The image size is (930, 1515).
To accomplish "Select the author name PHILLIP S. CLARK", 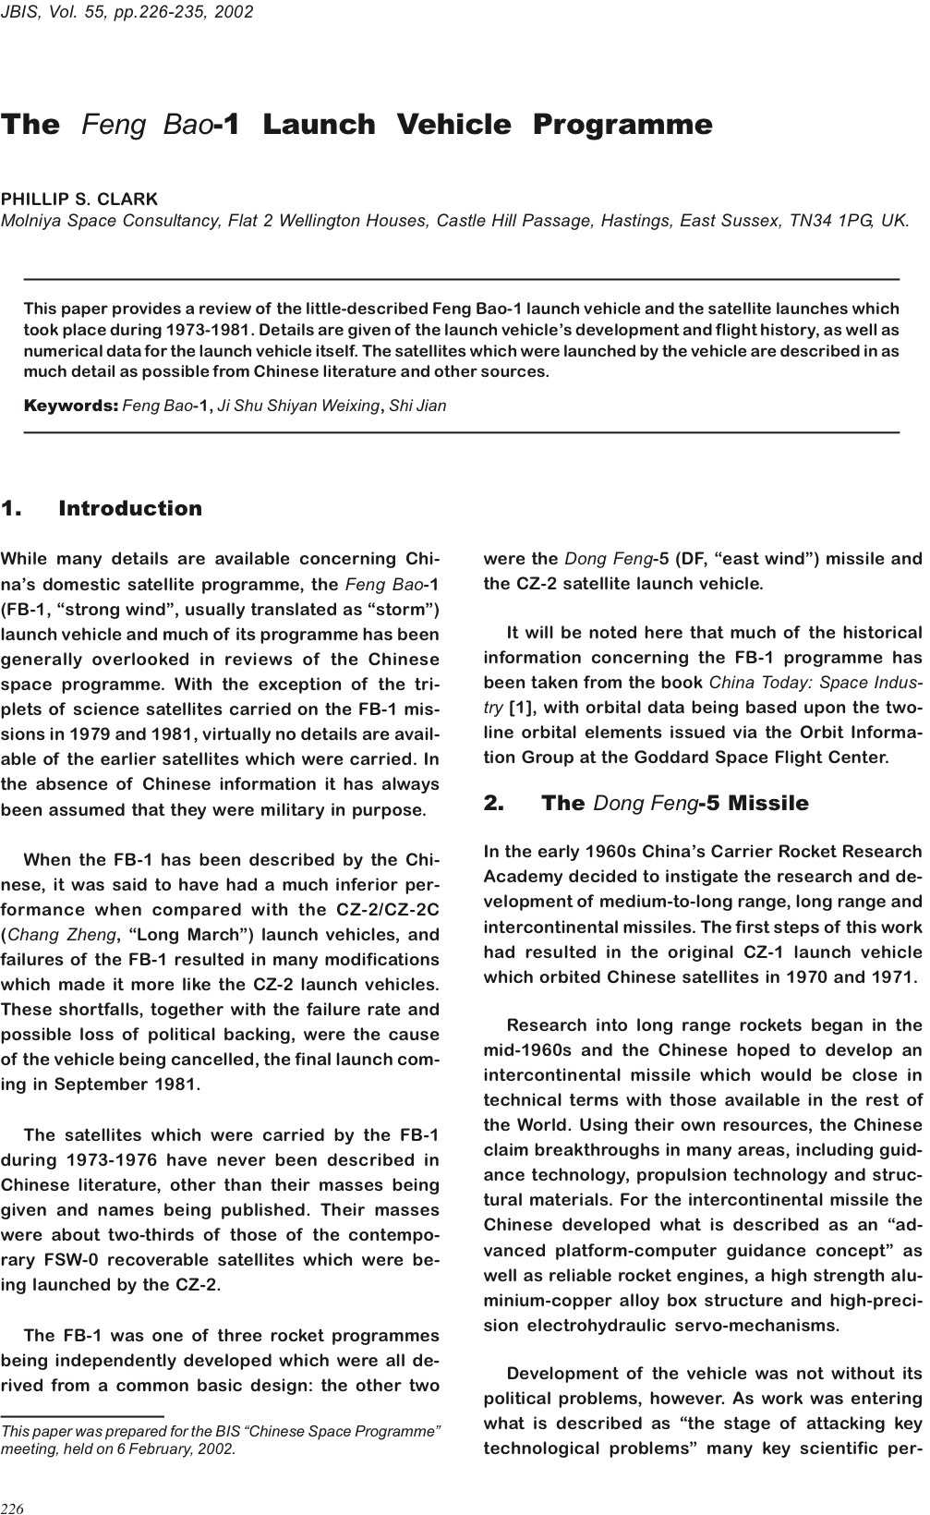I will pyautogui.click(x=79, y=199).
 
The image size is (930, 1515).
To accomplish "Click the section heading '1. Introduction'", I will pyautogui.click(x=102, y=508).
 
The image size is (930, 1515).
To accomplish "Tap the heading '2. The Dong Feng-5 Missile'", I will pyautogui.click(x=646, y=804).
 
